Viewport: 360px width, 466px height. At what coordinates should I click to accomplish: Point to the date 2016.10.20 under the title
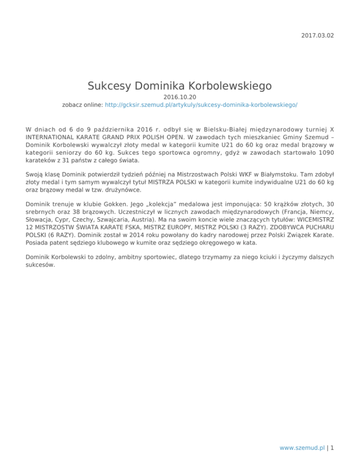coord(180,97)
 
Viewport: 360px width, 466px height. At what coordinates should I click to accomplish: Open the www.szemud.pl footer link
coord(301,448)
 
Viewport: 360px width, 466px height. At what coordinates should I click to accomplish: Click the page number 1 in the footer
coord(332,448)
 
